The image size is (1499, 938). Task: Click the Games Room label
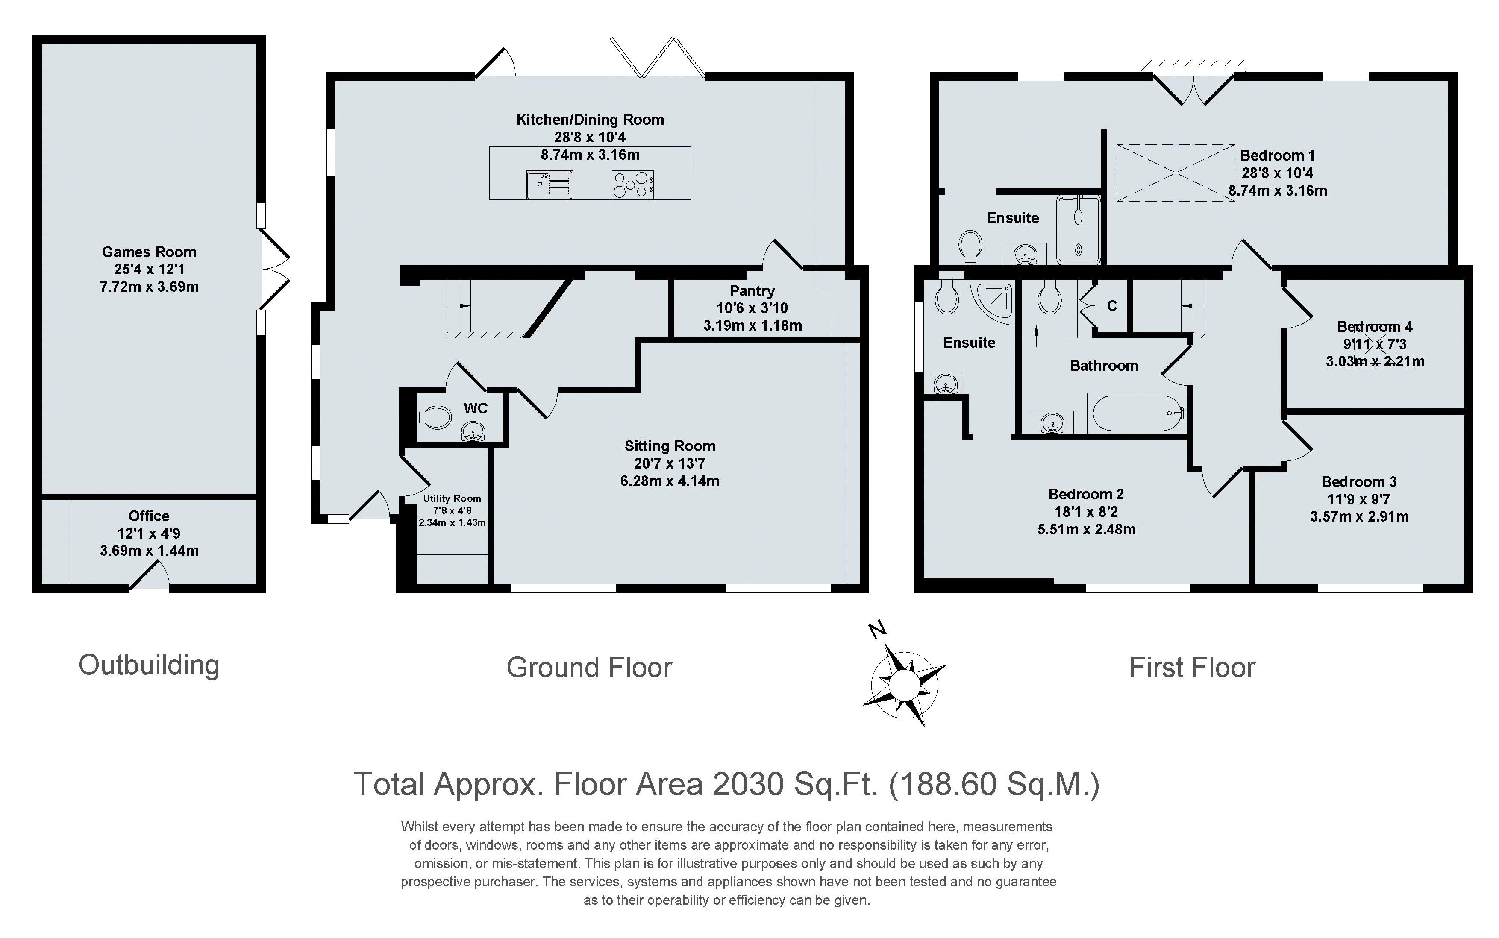[149, 252]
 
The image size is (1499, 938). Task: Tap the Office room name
[149, 516]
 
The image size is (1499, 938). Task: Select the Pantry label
[752, 291]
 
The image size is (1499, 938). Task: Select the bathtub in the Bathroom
[1137, 413]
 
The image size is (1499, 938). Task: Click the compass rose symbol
[904, 684]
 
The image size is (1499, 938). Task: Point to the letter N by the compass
[877, 630]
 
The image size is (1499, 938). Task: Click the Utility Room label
[452, 498]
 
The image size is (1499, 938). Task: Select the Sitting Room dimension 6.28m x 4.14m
[670, 481]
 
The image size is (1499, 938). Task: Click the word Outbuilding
[149, 665]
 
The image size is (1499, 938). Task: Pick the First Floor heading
[1192, 668]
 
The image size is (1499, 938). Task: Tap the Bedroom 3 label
[1359, 482]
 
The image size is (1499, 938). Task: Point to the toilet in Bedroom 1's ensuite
[971, 246]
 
